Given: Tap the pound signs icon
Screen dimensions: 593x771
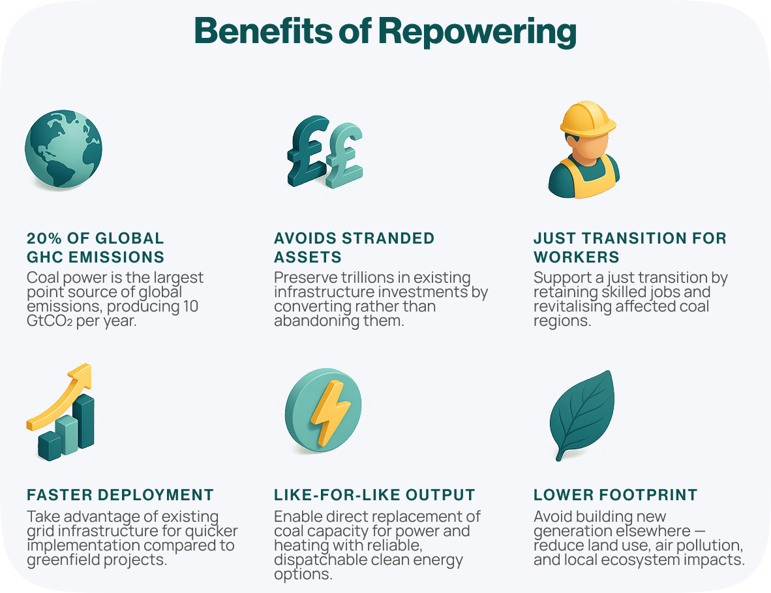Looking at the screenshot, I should pos(325,152).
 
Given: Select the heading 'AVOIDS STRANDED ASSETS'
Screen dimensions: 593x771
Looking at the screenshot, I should pos(354,247).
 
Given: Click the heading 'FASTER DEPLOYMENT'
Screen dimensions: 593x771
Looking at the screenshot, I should pos(120,494).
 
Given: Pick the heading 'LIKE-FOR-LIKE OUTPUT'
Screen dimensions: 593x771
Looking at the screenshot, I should pos(374,494).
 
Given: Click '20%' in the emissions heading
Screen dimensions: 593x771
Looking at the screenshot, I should pos(43,238).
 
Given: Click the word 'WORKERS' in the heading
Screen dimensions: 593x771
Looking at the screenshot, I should pos(577,257).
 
